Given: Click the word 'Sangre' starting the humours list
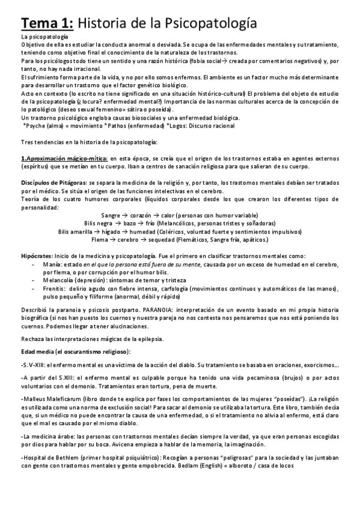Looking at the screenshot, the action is click(111, 215).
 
